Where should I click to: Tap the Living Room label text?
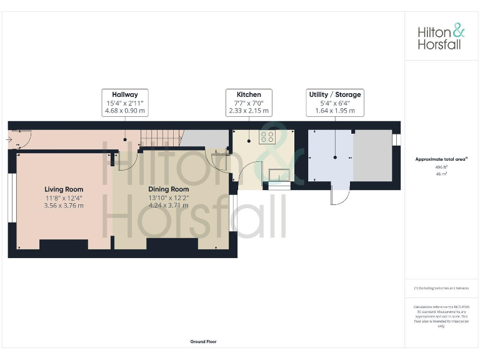point(64,189)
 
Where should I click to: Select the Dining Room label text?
point(168,189)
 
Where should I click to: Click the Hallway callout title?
point(125,95)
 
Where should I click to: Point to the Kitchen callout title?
point(249,95)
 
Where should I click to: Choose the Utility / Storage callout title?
point(335,95)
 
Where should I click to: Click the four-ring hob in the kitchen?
point(269,137)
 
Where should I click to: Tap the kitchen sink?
point(279,174)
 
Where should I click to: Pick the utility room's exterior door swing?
point(340,197)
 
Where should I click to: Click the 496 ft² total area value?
point(441,167)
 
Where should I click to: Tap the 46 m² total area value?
point(441,174)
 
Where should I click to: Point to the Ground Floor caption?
point(204,342)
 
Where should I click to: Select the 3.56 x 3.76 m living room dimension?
point(64,206)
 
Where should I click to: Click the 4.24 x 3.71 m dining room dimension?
point(168,206)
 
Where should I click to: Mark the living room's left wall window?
point(11,197)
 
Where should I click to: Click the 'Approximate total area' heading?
point(441,159)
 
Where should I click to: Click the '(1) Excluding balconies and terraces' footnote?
point(441,288)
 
